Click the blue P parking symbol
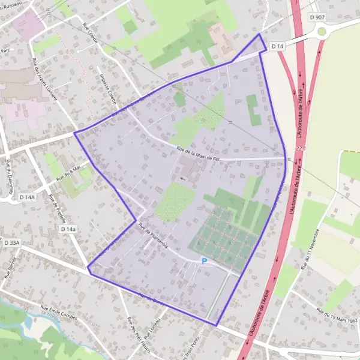(x=204, y=261)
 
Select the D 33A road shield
(x=11, y=243)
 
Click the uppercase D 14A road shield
(x=27, y=196)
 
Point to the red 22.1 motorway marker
(x=301, y=148)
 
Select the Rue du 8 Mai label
(x=68, y=175)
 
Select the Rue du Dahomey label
(x=10, y=174)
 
